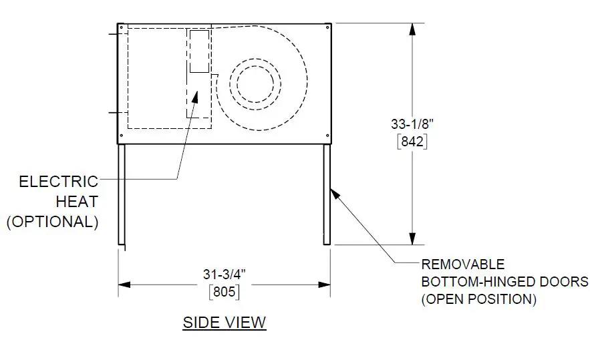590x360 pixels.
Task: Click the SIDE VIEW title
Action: [x=225, y=323]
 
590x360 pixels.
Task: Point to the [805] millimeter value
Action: [x=225, y=292]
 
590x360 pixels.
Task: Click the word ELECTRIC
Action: [x=59, y=182]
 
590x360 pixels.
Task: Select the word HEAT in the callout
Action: [x=77, y=201]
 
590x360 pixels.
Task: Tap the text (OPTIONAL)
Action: [x=53, y=222]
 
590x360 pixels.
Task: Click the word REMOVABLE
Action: [x=463, y=264]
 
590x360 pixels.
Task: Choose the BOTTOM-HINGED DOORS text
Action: [x=504, y=282]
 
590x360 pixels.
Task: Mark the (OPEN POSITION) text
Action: [x=478, y=300]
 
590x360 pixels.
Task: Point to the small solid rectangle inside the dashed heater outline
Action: [x=199, y=51]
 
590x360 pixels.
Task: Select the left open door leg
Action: [x=122, y=194]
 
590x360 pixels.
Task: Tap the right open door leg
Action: [x=327, y=194]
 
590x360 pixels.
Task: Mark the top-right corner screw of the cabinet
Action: [x=327, y=27]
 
